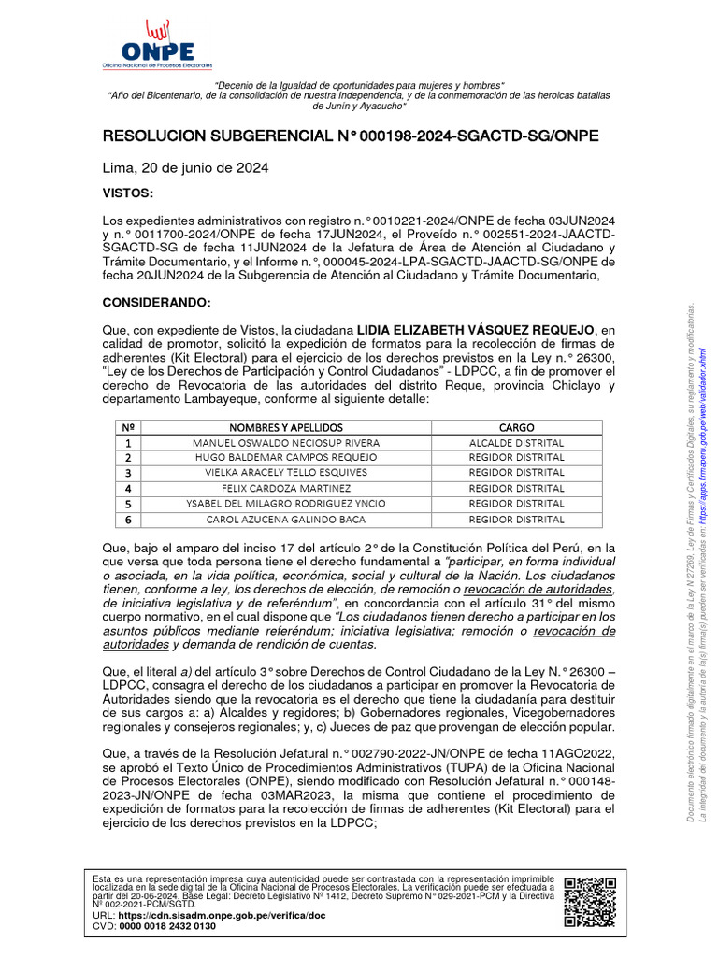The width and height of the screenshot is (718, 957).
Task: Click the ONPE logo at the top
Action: (x=157, y=47)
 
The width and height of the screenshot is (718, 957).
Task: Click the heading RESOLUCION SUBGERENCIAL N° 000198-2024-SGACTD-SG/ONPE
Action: (x=350, y=137)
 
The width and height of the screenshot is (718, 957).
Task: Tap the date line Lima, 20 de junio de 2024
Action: (x=185, y=168)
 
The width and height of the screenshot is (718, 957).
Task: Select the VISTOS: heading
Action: (x=126, y=193)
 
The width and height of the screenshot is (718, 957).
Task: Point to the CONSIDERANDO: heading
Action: (x=156, y=304)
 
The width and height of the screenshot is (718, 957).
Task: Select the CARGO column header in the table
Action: (x=516, y=427)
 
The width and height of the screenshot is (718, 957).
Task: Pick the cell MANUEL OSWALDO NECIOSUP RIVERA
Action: (x=285, y=442)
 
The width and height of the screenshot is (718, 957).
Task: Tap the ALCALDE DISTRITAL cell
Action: (x=516, y=442)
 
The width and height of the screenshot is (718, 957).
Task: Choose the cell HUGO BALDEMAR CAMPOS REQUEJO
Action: (x=285, y=457)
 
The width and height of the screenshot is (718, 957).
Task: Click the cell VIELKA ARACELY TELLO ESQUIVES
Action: (x=285, y=473)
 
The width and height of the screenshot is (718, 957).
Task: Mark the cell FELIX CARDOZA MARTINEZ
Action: (x=285, y=488)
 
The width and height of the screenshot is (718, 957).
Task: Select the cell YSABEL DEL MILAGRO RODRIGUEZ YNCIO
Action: (x=285, y=504)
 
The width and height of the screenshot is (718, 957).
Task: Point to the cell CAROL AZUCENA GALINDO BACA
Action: (x=285, y=519)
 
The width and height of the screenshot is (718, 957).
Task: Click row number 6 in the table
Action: (x=128, y=519)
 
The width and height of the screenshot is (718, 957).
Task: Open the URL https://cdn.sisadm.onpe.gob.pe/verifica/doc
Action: (x=219, y=916)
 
